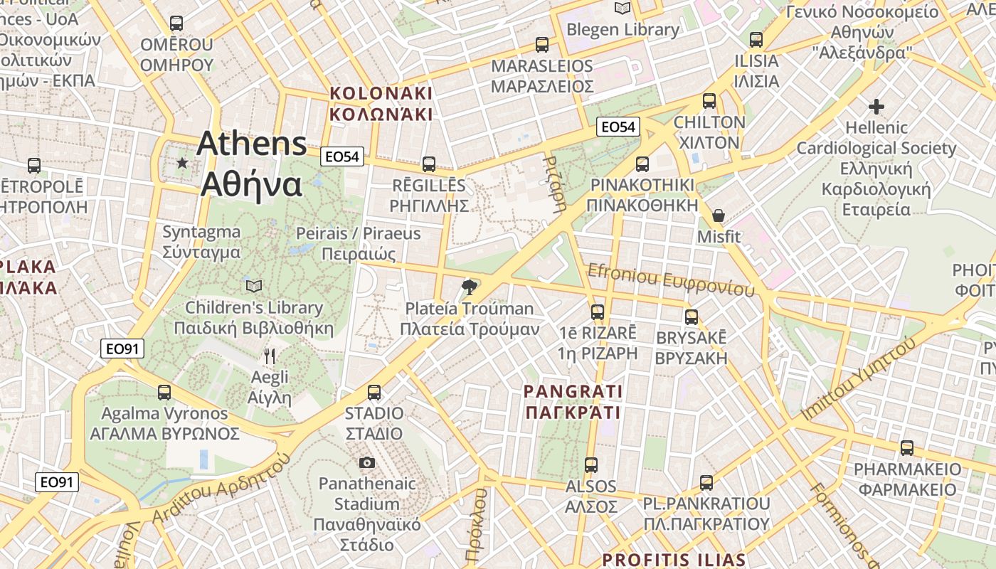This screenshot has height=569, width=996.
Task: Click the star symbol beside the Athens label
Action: [x=182, y=164]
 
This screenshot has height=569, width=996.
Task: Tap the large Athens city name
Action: [x=252, y=164]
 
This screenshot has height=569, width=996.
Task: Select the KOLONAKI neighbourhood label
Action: [x=381, y=104]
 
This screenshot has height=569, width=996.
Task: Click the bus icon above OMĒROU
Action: [x=176, y=23]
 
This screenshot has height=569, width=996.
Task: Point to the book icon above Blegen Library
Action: [x=622, y=9]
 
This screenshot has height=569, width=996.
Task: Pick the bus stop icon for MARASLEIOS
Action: [x=542, y=44]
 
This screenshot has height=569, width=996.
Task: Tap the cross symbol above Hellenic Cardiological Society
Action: [x=876, y=107]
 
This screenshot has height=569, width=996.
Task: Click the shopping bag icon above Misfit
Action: [x=719, y=215]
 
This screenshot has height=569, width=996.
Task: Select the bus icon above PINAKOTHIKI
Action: [x=642, y=164]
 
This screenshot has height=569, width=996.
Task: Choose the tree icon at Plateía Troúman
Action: [x=469, y=287]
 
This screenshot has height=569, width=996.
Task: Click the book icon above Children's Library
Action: [x=253, y=286]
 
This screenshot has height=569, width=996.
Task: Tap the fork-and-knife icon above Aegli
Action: [x=270, y=356]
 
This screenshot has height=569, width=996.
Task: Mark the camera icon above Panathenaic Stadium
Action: [x=367, y=463]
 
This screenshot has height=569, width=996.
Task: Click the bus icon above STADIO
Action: [x=374, y=392]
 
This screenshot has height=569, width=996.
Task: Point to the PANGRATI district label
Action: [x=573, y=402]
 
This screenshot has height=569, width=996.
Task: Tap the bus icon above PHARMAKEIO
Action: [x=907, y=448]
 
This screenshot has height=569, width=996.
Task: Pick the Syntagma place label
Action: [x=201, y=242]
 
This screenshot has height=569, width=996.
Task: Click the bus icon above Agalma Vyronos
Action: [x=164, y=392]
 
